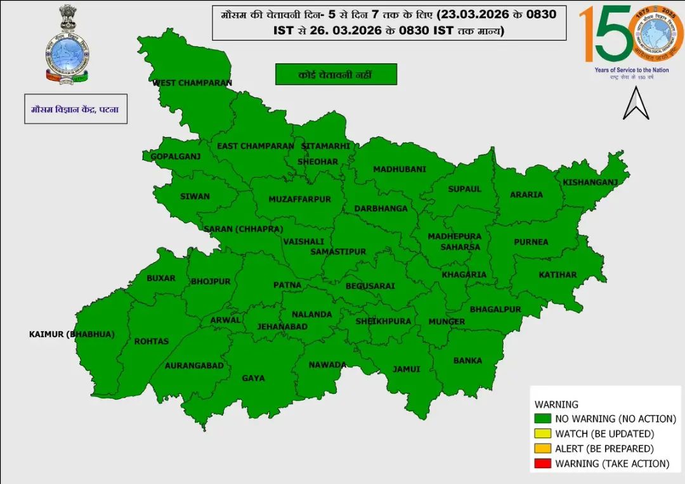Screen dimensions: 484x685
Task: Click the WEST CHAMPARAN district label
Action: click(x=192, y=83)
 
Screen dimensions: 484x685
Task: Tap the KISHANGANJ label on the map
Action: click(x=590, y=182)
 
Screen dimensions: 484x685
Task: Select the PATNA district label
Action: click(x=287, y=285)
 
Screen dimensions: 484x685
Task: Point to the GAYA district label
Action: click(x=253, y=378)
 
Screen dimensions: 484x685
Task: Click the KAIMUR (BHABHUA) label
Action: click(x=72, y=334)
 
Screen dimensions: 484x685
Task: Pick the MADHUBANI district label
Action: click(x=399, y=169)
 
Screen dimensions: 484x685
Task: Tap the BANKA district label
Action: click(x=467, y=360)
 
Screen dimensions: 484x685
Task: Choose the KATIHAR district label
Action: click(x=558, y=275)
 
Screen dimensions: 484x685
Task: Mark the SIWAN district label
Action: click(x=195, y=196)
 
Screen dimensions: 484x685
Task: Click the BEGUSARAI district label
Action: click(x=370, y=286)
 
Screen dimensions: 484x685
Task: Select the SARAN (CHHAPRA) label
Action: click(x=243, y=229)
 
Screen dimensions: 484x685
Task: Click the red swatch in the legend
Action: click(x=542, y=463)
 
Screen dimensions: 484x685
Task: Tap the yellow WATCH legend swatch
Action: click(x=542, y=434)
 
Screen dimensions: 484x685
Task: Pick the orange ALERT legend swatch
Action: click(x=542, y=449)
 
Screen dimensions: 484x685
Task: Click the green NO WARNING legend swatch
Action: click(x=542, y=419)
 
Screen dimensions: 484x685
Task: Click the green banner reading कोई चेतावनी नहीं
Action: click(x=336, y=75)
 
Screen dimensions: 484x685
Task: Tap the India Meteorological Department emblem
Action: click(x=67, y=44)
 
